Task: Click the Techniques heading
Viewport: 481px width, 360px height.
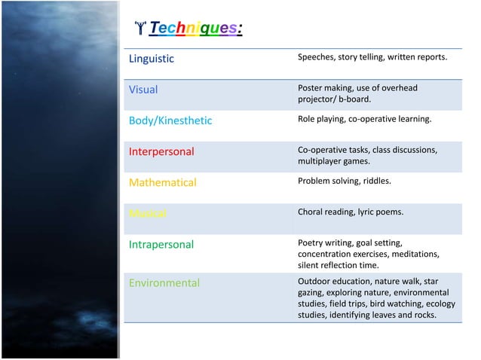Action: pos(195,29)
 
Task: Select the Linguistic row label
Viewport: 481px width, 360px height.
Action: pos(152,58)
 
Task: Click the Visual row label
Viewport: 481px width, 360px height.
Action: pos(143,90)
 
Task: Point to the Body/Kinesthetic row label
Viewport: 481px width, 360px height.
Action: pos(170,121)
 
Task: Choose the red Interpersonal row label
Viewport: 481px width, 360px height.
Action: pos(161,151)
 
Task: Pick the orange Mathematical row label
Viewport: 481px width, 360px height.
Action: pos(162,182)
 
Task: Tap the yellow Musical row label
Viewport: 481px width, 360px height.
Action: pos(148,213)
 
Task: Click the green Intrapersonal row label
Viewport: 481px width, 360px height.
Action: pos(161,244)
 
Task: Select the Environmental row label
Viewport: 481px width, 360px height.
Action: pos(164,283)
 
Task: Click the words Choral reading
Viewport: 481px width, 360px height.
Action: pos(326,212)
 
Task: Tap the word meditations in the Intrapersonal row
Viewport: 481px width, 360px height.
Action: pos(412,254)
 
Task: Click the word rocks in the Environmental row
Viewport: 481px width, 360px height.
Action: pos(424,315)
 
